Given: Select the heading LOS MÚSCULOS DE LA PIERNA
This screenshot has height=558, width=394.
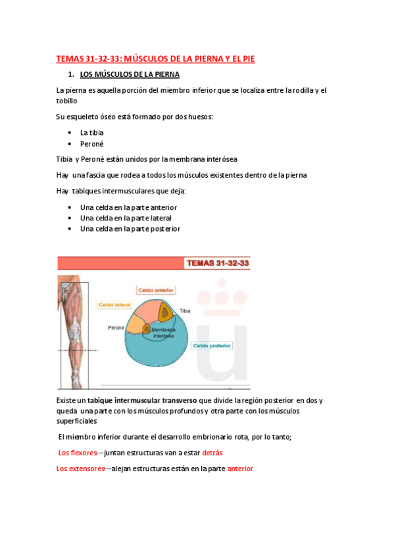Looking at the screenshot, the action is (x=129, y=74).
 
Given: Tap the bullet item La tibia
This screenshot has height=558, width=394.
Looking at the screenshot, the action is (x=92, y=132).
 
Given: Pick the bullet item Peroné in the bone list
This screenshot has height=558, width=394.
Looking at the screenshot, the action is (x=91, y=143).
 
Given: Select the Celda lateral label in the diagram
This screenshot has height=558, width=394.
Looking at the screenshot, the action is (x=114, y=305).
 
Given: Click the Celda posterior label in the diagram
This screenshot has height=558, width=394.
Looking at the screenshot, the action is (x=212, y=345).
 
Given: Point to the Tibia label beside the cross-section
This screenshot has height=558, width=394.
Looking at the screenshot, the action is (x=187, y=309).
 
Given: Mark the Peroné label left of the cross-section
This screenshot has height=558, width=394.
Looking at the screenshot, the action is (x=117, y=326).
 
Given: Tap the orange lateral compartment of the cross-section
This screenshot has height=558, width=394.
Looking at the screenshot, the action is (x=136, y=322).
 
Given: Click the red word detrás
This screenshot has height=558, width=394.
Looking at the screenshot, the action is (x=212, y=453).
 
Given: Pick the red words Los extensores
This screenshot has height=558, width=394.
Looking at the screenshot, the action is (x=80, y=469).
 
